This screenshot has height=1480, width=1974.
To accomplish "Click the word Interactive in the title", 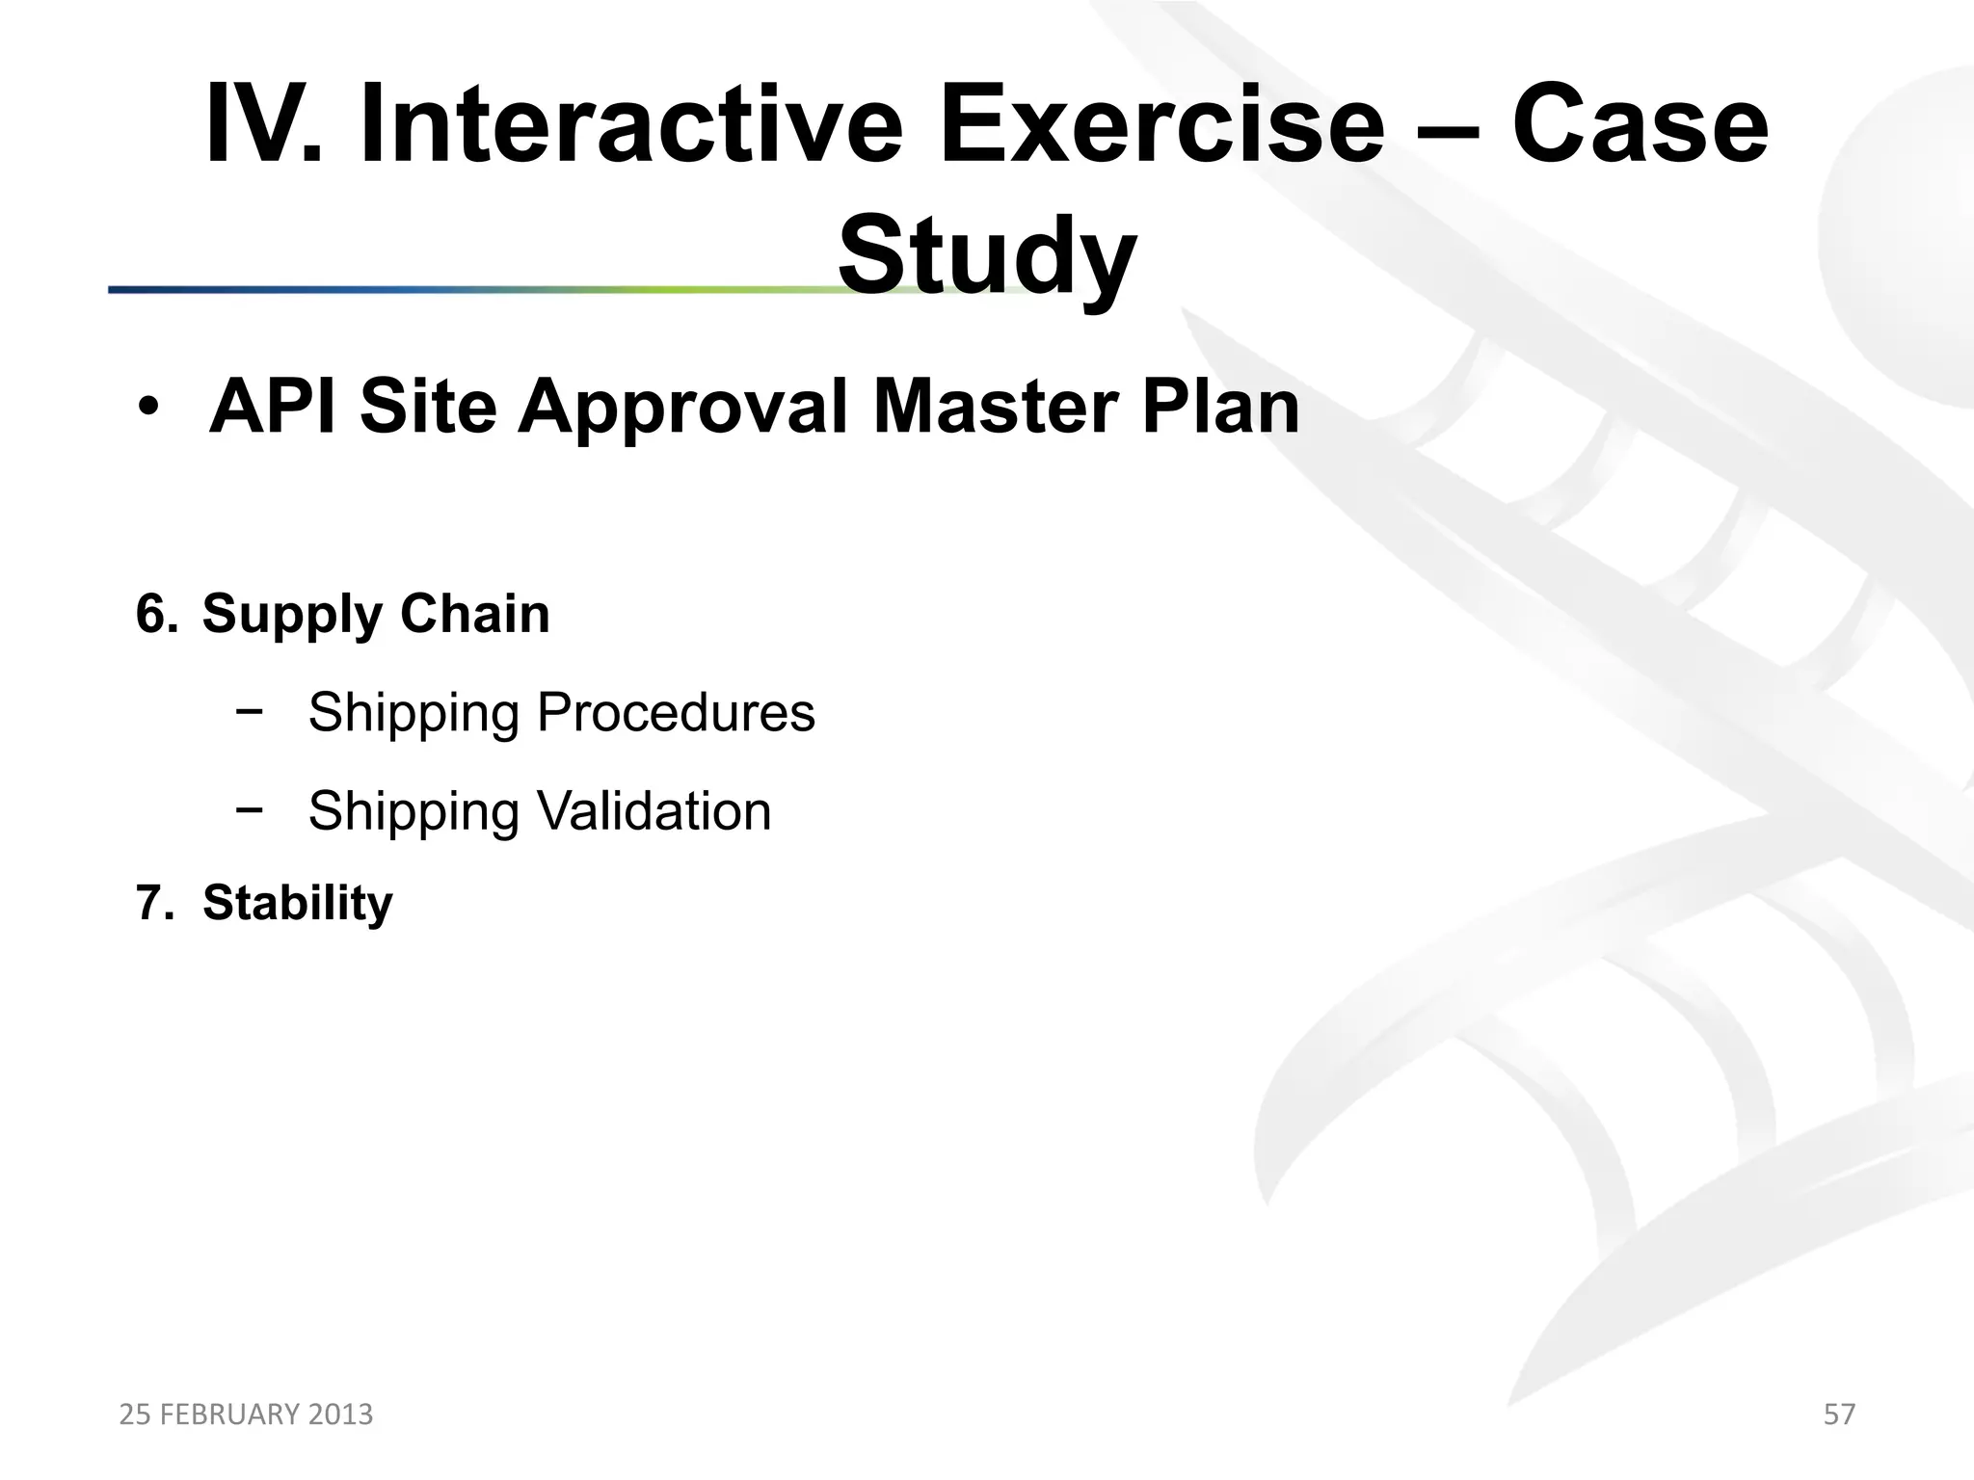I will pyautogui.click(x=631, y=125).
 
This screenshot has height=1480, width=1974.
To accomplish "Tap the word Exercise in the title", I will pyautogui.click(x=1161, y=125).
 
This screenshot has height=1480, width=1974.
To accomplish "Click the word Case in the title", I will pyautogui.click(x=1639, y=125).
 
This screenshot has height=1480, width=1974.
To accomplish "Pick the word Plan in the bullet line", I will pyautogui.click(x=1220, y=407).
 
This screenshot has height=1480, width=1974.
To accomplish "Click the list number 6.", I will pyautogui.click(x=156, y=614).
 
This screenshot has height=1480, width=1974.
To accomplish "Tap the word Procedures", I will pyautogui.click(x=676, y=713).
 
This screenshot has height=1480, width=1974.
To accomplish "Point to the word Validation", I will pyautogui.click(x=654, y=811).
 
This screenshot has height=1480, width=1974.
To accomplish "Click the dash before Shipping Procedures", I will pyautogui.click(x=249, y=713).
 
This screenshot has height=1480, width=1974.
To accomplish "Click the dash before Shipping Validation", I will pyautogui.click(x=249, y=811).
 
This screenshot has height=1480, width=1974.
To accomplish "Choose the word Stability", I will pyautogui.click(x=298, y=904).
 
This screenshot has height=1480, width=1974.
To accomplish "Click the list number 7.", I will pyautogui.click(x=154, y=904).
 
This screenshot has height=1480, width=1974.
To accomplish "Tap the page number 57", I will pyautogui.click(x=1839, y=1414).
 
